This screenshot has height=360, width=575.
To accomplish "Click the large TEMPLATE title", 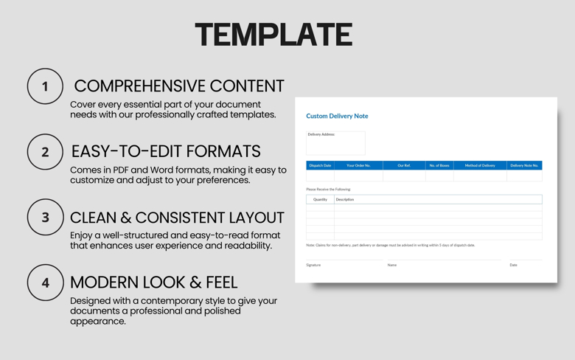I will click(x=273, y=35).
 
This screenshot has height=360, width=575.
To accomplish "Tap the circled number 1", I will click(x=45, y=86).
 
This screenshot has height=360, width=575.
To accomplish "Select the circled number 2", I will click(x=45, y=152).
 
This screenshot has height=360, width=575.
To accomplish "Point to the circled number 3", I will click(x=45, y=218).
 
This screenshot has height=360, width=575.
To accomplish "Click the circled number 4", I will click(x=45, y=283).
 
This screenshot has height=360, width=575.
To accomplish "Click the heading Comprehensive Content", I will click(x=179, y=86).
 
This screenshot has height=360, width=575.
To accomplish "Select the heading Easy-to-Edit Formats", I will click(x=166, y=151).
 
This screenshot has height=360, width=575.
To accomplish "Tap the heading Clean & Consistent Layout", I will click(x=177, y=218).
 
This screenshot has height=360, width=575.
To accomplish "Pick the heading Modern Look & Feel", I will click(x=153, y=282).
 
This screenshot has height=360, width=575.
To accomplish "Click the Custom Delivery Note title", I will click(x=337, y=116).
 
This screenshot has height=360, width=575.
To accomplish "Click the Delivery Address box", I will click(x=335, y=143).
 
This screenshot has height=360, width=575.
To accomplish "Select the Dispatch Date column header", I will click(x=320, y=165).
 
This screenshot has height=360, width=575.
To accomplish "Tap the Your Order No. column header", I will click(x=358, y=165).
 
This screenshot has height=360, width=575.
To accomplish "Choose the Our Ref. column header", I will click(x=404, y=165).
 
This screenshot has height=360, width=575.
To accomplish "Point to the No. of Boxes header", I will click(x=439, y=165).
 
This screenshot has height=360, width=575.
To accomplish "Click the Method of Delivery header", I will click(x=480, y=165).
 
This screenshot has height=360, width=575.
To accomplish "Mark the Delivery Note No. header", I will click(x=524, y=165).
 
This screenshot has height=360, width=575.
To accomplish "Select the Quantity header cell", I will click(x=320, y=199).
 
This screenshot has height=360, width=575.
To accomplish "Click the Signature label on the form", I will click(x=313, y=265).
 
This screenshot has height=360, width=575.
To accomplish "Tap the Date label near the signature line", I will click(x=513, y=265).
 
